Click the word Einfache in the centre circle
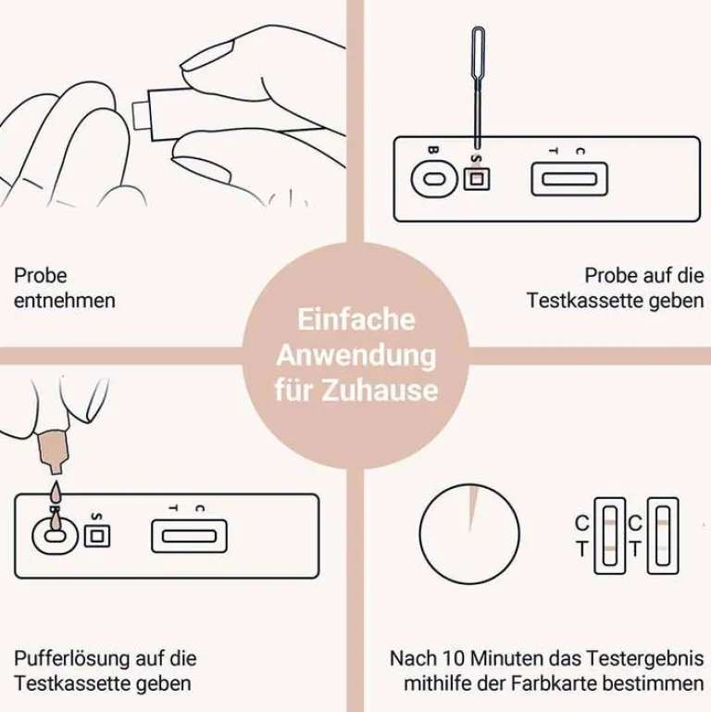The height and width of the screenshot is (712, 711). (x=355, y=319)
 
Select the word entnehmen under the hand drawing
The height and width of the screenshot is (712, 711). (x=65, y=301)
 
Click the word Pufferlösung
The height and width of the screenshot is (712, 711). (x=69, y=659)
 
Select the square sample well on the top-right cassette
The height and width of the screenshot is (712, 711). (x=476, y=179)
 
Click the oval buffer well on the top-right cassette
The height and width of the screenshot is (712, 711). (x=434, y=179)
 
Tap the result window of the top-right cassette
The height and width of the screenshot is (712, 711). (x=569, y=179)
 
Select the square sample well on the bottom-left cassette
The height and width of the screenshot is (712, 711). (x=97, y=536)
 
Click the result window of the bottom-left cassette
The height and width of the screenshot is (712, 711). (x=189, y=536)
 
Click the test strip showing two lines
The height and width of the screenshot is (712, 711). (x=610, y=536)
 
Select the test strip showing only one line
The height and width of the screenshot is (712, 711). (x=663, y=536)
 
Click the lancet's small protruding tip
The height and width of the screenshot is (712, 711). (x=140, y=116)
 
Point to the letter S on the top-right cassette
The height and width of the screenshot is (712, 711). (x=475, y=159)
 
